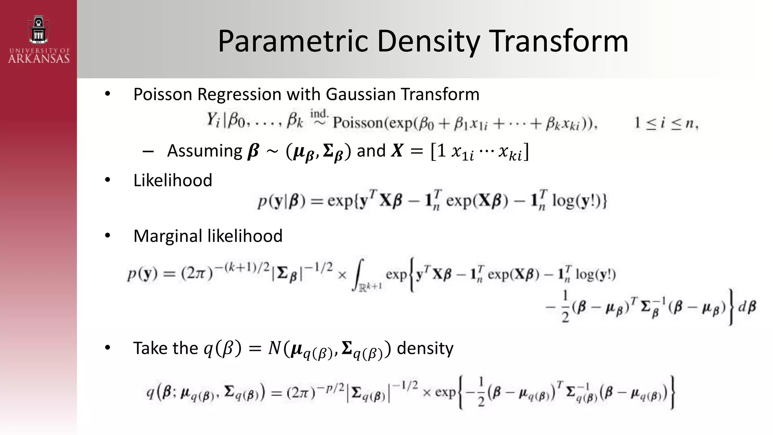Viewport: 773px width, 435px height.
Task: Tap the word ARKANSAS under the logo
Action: pyautogui.click(x=39, y=59)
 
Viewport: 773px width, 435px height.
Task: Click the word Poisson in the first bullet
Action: pyautogui.click(x=163, y=94)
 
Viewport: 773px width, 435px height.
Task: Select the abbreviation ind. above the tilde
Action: pyautogui.click(x=319, y=113)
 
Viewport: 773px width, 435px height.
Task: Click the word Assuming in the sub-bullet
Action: pyautogui.click(x=205, y=151)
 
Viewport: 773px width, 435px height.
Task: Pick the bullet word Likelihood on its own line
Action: pyautogui.click(x=172, y=180)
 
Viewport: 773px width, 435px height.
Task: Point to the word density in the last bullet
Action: pyautogui.click(x=425, y=348)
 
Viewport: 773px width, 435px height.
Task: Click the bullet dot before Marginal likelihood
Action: pyautogui.click(x=108, y=236)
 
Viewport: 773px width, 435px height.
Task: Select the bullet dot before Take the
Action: pyautogui.click(x=108, y=348)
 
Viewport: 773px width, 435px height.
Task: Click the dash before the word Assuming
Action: pyautogui.click(x=148, y=151)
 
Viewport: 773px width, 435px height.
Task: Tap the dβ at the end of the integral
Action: pyautogui.click(x=747, y=307)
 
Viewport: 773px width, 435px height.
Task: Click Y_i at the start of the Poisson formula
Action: pyautogui.click(x=213, y=121)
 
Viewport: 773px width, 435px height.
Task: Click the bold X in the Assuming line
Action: pyautogui.click(x=397, y=151)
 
